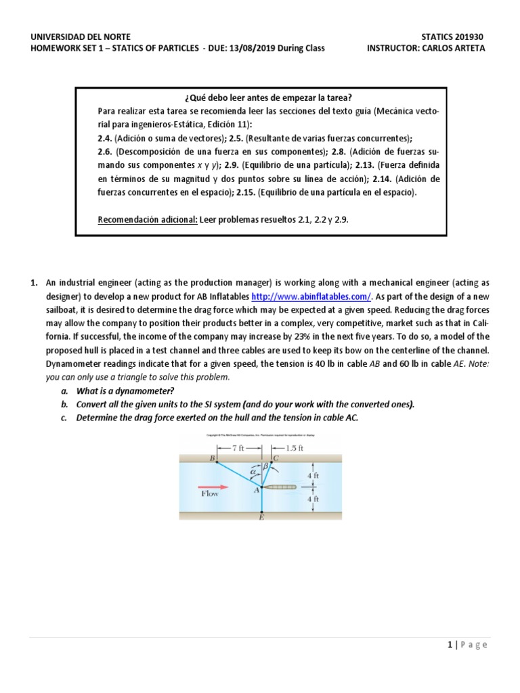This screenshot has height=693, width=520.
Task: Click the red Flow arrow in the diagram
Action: tap(210, 486)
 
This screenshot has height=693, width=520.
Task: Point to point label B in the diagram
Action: tap(212, 458)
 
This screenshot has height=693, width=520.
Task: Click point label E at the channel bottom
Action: tap(261, 518)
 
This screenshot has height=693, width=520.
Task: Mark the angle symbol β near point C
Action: tap(266, 466)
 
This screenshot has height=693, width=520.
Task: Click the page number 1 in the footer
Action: tap(450, 645)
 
